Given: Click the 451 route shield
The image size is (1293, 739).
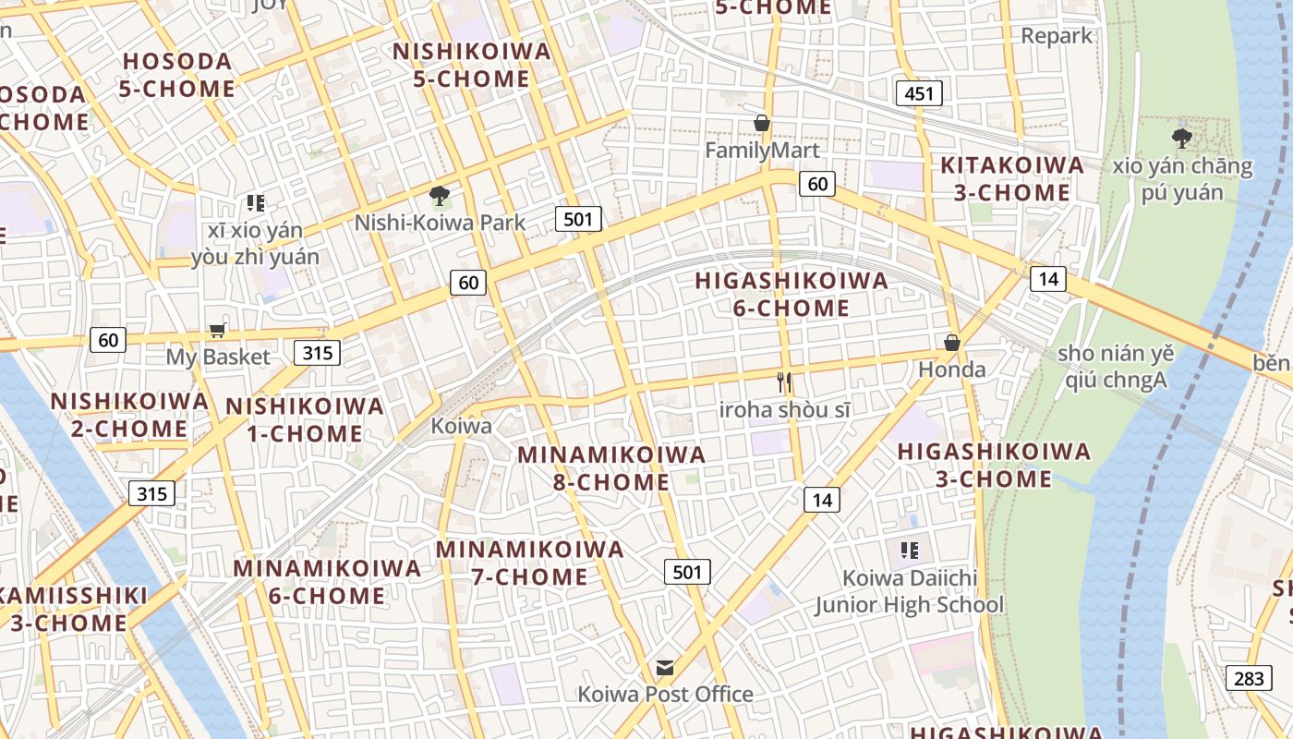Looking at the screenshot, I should (x=919, y=92).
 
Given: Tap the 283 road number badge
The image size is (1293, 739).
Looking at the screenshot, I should (x=1249, y=678).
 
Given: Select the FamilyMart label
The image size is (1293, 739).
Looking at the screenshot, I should (x=762, y=150).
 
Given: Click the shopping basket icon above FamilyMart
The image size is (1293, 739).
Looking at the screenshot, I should (x=762, y=123).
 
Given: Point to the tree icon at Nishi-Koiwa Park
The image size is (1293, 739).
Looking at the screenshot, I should (x=440, y=196).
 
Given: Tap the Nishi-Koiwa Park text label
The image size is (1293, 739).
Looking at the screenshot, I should (x=440, y=223).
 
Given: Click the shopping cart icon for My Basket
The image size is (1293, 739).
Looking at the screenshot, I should (x=218, y=331).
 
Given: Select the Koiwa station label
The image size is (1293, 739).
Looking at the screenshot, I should (x=461, y=427).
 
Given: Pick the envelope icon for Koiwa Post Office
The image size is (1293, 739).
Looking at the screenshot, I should (x=665, y=668).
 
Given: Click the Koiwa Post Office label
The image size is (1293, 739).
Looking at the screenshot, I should (x=665, y=694).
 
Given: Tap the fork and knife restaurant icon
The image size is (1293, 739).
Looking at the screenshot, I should (x=784, y=382).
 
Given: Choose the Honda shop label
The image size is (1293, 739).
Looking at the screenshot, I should (x=951, y=369).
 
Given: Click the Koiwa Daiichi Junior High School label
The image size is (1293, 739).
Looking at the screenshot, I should (x=909, y=591).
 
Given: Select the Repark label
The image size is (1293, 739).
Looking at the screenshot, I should (x=1057, y=36).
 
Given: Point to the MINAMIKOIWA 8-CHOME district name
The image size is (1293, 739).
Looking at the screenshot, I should (x=611, y=468).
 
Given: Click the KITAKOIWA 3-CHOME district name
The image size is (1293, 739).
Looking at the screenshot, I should (x=1011, y=179).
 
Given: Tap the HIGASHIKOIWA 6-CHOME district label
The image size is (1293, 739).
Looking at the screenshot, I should (x=792, y=294).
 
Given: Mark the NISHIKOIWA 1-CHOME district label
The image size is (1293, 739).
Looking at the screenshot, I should (x=305, y=419).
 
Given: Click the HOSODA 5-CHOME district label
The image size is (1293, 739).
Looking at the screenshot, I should (x=177, y=75).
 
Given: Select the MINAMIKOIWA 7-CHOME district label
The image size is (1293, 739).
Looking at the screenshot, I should (x=530, y=563).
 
